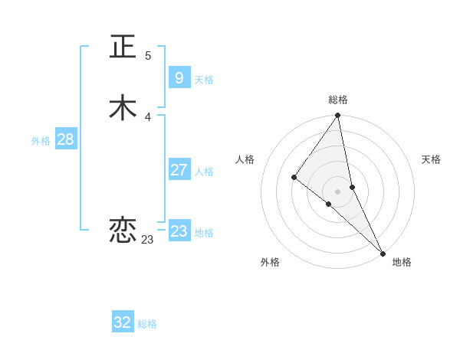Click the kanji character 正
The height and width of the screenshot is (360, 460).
[124, 46]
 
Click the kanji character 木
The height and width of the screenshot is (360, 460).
[124, 107]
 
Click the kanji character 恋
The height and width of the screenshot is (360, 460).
[124, 230]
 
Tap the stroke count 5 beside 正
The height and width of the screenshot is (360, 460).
[148, 56]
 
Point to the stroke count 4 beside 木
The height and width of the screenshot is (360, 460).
[148, 117]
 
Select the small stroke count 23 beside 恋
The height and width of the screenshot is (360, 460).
[147, 240]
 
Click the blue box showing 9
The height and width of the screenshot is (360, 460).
[179, 77]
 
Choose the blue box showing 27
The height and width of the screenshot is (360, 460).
[179, 170]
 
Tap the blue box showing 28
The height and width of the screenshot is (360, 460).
[65, 139]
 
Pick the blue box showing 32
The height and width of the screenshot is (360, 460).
[123, 322]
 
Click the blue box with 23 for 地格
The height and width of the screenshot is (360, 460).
[179, 231]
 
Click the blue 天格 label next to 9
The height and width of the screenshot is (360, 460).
[204, 80]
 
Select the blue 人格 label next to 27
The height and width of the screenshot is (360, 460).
[204, 172]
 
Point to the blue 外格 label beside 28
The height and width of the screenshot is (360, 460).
[41, 141]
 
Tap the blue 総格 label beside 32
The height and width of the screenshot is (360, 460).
[147, 325]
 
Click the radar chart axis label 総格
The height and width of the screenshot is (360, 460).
[338, 100]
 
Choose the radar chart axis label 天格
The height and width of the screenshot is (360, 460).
[431, 159]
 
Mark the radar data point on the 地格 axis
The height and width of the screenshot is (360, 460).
[383, 253]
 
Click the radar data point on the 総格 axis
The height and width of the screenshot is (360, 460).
[338, 116]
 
